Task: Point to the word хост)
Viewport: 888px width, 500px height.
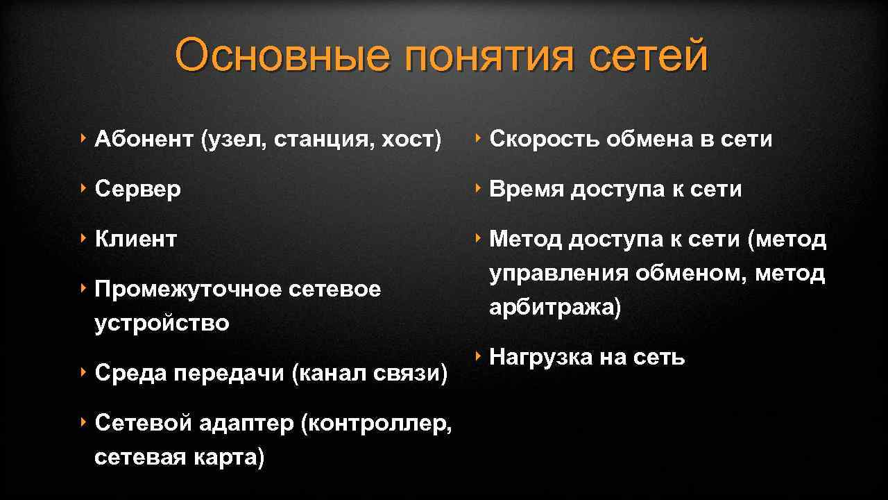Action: click(x=411, y=140)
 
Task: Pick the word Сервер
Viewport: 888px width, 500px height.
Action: click(x=137, y=189)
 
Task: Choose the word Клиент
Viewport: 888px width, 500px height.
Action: click(x=136, y=239)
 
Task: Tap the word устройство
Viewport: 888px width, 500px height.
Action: click(x=162, y=323)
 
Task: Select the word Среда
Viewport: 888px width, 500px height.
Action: click(x=130, y=373)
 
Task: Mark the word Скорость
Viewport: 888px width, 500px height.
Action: click(x=545, y=140)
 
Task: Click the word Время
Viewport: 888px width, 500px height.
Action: click(x=527, y=189)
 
